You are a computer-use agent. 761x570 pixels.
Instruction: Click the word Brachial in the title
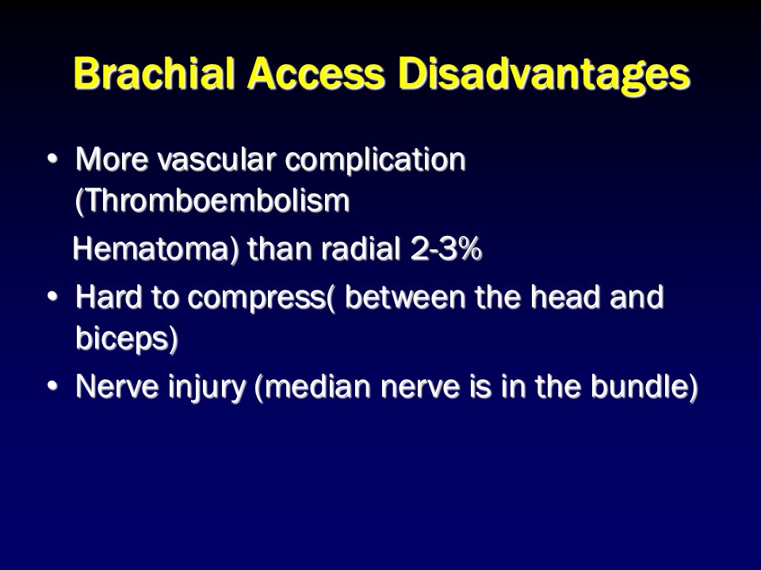(155, 74)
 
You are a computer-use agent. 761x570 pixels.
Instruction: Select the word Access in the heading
(316, 74)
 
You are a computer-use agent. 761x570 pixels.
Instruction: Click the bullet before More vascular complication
(52, 159)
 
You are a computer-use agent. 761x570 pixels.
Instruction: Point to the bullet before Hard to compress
(52, 296)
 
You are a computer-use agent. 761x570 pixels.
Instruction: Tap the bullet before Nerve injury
(52, 386)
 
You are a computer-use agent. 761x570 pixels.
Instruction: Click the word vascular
(216, 159)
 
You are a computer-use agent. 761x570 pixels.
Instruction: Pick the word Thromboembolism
(212, 200)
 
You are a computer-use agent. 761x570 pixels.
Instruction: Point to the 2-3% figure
(446, 249)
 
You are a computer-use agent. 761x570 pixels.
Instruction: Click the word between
(405, 297)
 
